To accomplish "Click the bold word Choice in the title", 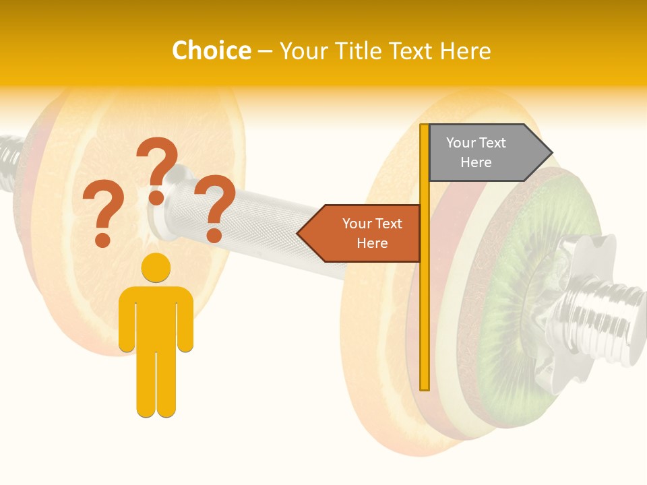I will [211, 51].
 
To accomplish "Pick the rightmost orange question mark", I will [215, 205].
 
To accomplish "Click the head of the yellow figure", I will [156, 267].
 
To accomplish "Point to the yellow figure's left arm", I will [126, 320].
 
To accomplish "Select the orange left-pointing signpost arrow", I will [361, 233].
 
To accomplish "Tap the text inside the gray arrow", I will [476, 153].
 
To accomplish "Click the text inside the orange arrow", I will [372, 233].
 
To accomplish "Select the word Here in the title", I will [465, 51].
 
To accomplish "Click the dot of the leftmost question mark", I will [102, 239].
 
